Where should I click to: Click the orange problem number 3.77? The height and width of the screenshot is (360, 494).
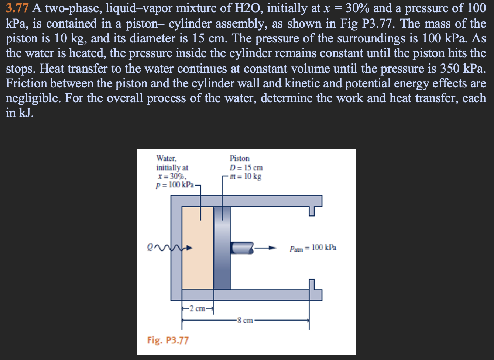tap(17, 8)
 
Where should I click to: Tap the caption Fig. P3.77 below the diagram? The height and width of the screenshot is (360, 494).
tap(168, 340)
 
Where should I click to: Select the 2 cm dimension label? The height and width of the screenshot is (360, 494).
tap(197, 308)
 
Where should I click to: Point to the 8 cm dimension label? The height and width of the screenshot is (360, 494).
tap(245, 320)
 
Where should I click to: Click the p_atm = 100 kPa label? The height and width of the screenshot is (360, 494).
tap(313, 248)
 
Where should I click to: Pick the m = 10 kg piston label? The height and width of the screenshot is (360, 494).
tap(245, 176)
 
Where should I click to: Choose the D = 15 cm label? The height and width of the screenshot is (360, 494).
tap(246, 168)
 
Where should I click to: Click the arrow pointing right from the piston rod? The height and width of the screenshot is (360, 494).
tap(266, 248)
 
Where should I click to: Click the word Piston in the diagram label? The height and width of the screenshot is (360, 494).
tap(239, 159)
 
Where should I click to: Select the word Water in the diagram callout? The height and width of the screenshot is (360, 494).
tap(166, 159)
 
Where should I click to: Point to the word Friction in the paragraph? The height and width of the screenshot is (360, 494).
tap(27, 83)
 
